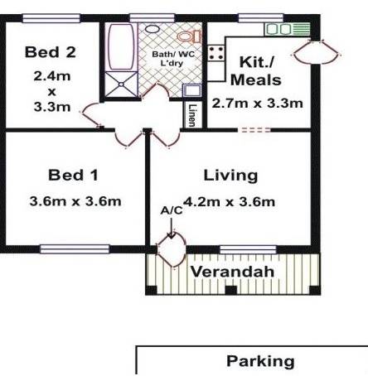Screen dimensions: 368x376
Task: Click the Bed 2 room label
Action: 51,52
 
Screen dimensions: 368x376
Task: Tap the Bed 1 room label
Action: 73,175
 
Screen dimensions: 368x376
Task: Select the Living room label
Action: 230,176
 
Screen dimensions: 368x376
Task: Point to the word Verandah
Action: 232,272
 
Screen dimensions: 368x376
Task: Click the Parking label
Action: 260,361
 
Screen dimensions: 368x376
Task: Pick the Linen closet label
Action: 191,115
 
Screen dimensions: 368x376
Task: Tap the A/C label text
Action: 172,210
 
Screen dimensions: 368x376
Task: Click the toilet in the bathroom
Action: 189,36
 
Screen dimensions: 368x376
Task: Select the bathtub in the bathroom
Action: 121,47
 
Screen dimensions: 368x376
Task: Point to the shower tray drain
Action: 121,84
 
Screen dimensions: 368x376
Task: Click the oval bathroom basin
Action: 153,28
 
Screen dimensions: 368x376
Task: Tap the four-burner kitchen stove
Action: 215,53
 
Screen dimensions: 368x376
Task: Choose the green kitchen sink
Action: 288,29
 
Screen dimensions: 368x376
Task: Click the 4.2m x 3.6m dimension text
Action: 230,202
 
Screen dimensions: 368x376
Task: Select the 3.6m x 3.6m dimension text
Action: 75,201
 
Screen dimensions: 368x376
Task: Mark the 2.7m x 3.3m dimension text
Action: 257,104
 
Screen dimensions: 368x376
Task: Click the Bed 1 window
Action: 75,249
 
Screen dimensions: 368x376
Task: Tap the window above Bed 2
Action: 51,18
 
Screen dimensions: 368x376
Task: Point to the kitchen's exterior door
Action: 317,52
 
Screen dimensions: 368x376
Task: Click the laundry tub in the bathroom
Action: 192,90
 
